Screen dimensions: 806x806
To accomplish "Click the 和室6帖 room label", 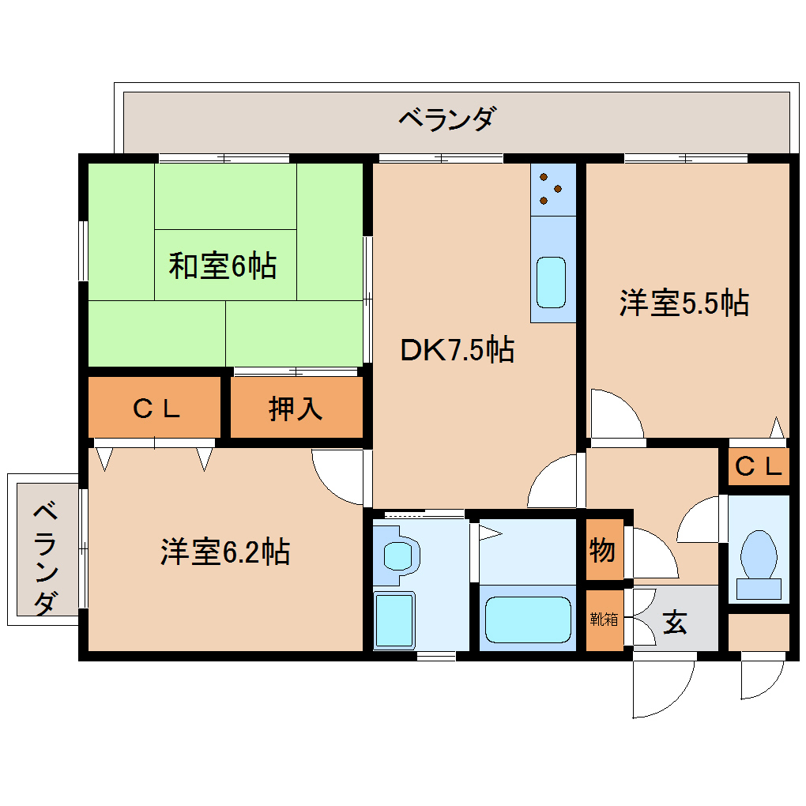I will pos(222,266).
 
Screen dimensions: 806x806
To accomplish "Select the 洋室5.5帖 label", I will pos(684,303).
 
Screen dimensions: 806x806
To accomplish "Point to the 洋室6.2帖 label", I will pos(224,552).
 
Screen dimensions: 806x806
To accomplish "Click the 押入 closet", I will pos(296,408).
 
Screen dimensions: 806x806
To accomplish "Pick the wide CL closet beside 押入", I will pos(155,408).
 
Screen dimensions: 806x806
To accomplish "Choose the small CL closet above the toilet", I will pos(758,467).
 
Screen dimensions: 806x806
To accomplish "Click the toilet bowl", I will pos(759,554).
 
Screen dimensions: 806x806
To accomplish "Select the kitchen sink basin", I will pos(552,282).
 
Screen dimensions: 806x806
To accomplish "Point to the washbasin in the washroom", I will pos(400,554).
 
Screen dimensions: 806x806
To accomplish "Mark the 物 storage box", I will pos(602,549).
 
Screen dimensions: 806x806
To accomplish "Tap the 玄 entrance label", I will pos(674,623).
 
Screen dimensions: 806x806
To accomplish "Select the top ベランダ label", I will pos(446,119).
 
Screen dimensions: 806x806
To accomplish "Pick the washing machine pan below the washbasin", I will pos(394,620).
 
